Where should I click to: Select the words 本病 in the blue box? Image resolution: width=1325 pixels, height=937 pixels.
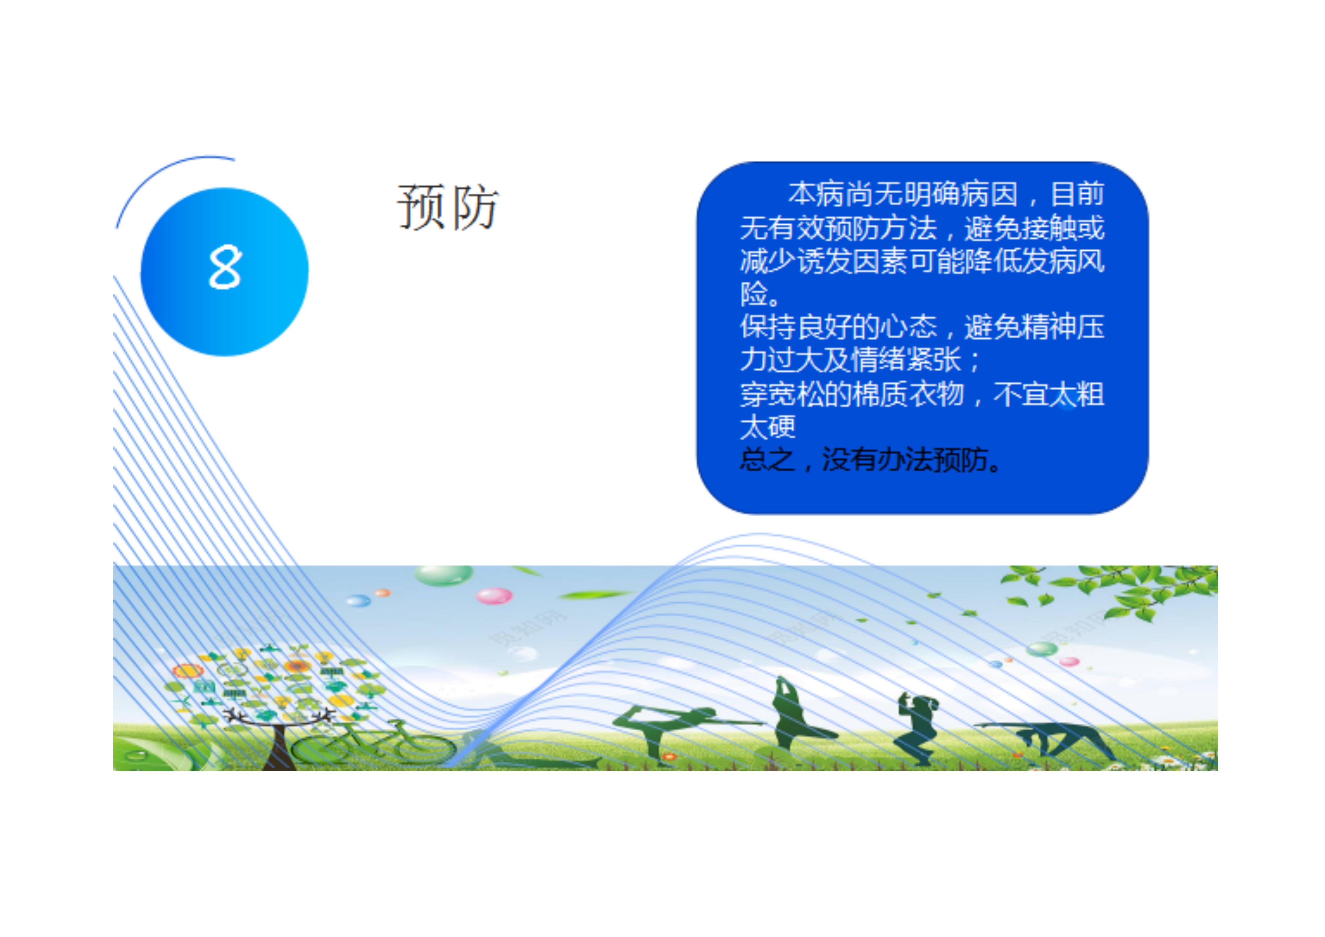[x=817, y=194]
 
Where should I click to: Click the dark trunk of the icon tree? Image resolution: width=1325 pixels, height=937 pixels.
[x=279, y=748]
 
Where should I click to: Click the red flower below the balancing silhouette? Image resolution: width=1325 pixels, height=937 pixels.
[x=669, y=756]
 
